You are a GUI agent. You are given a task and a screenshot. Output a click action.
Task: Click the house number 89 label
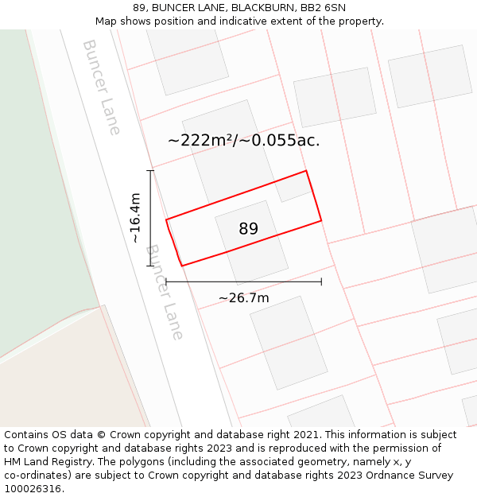pos(248,229)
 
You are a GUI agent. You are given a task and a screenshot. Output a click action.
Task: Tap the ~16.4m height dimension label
pos(135,218)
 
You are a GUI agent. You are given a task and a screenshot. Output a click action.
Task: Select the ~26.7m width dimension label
pos(244,298)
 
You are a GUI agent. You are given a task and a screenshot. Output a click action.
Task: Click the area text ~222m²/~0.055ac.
pos(243,141)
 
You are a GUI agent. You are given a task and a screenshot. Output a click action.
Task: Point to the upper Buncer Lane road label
pos(102,87)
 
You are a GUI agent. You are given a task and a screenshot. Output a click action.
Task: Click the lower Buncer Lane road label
pos(165,292)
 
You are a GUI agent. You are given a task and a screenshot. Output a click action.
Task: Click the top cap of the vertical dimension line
pos(149,170)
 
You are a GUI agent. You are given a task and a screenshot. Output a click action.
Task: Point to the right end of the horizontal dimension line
pos(321,282)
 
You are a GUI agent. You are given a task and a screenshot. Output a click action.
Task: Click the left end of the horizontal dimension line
pos(165,282)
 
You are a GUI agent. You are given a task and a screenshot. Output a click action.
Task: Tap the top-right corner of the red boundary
pos(306,171)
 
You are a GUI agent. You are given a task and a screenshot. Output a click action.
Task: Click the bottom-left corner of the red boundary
pos(182,266)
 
